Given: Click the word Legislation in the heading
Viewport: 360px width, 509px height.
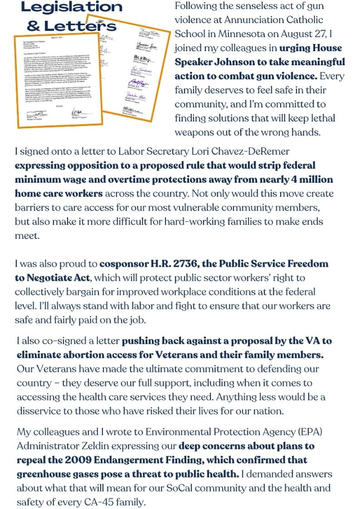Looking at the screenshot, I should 71,7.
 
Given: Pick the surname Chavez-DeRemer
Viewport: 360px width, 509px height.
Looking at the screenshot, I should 247,152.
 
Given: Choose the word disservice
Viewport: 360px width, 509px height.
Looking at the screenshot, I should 44,411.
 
